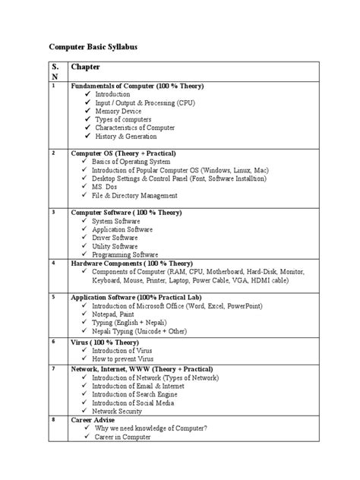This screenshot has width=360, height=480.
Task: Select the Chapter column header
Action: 86,68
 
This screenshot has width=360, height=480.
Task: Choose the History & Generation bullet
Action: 125,137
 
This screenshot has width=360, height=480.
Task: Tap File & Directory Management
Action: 141,196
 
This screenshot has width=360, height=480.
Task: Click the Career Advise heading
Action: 96,420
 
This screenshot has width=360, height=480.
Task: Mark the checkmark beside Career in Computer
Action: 88,437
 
